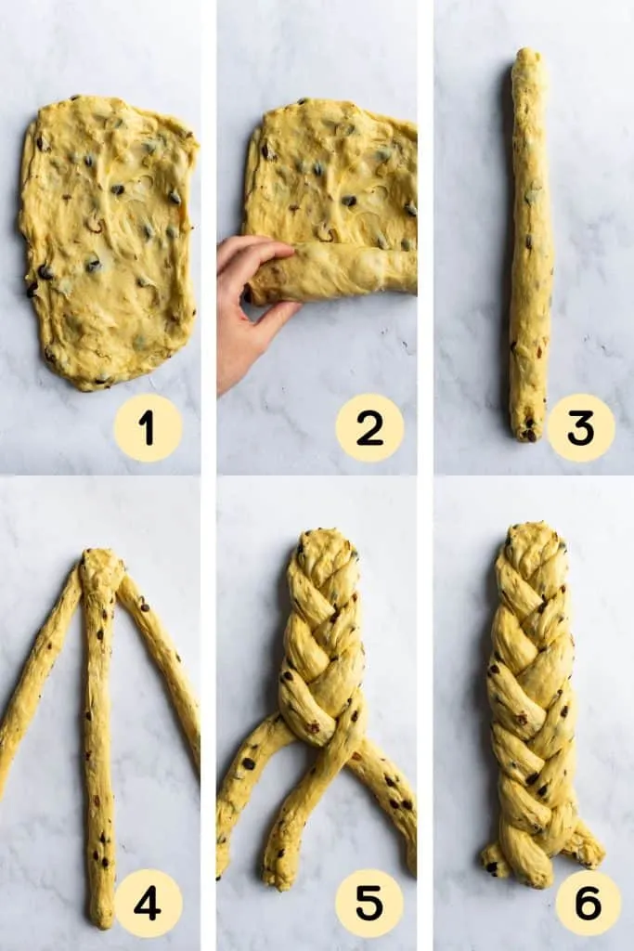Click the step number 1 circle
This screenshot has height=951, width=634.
[148, 427]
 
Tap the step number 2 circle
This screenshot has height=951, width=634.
[369, 427]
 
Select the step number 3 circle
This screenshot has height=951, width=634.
[581, 427]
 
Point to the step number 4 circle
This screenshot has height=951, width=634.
[148, 903]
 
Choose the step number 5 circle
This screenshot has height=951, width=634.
[369, 903]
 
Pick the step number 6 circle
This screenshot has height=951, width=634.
[588, 903]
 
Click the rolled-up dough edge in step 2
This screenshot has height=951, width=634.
[333, 272]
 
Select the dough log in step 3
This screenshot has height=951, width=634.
[531, 242]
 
